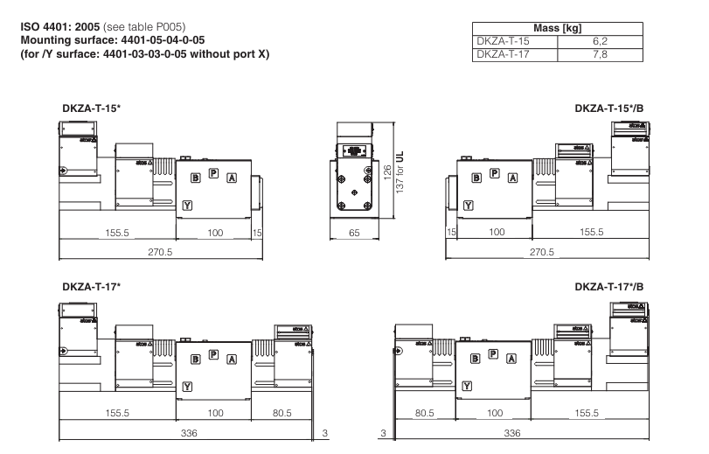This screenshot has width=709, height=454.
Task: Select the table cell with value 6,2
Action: point(600,41)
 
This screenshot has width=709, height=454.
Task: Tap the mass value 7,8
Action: point(600,53)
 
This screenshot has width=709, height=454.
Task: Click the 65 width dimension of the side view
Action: point(354,233)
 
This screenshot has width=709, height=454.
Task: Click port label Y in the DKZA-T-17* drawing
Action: point(187,385)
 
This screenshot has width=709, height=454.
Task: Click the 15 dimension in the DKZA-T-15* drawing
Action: point(257,233)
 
